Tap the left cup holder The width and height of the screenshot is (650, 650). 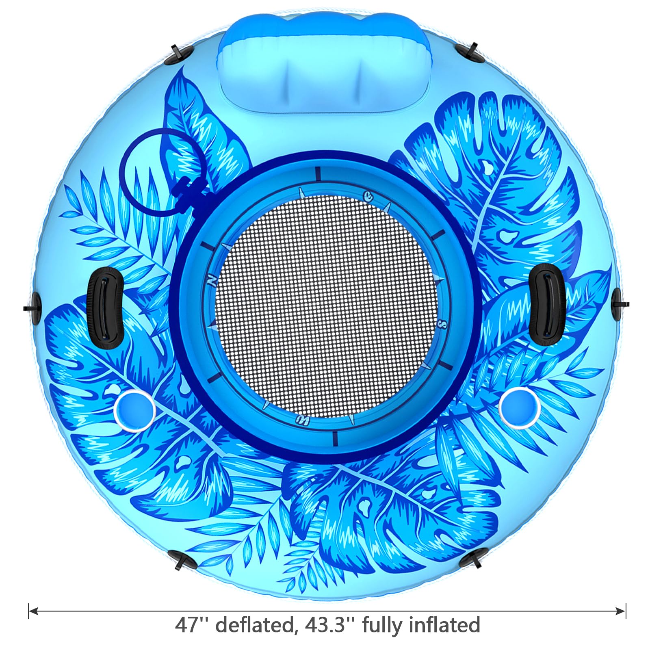pos(134,408)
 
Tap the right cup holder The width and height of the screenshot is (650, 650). pos(519,407)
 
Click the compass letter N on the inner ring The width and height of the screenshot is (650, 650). pos(211,280)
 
